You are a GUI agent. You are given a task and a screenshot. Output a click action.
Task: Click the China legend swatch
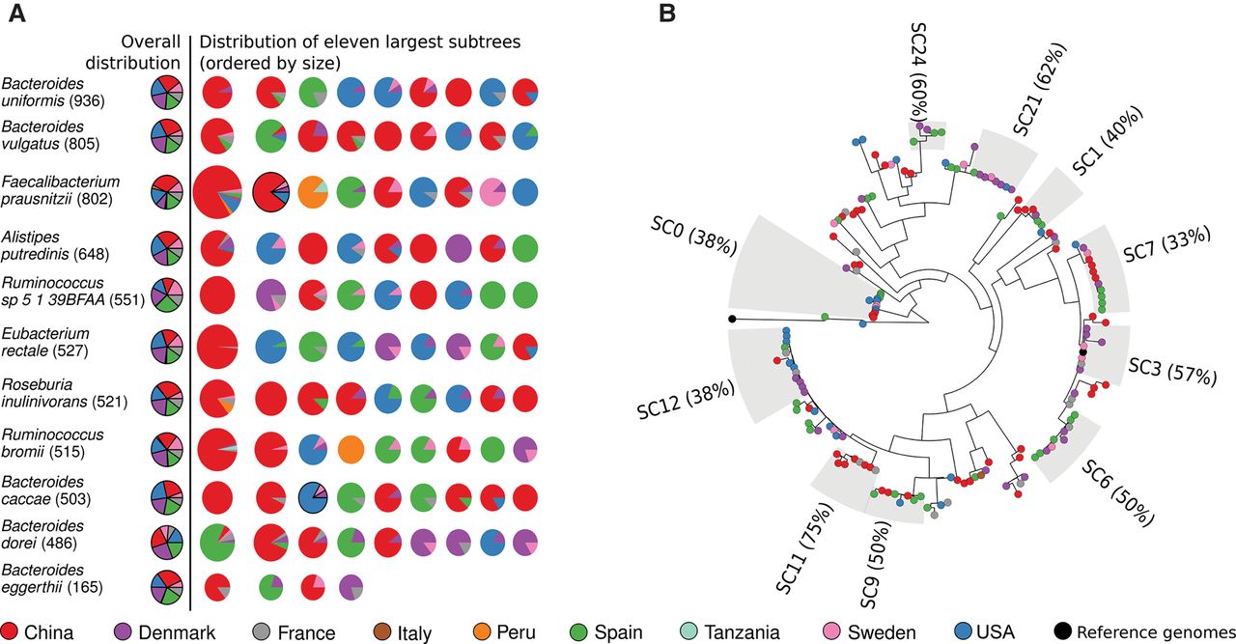[11, 632]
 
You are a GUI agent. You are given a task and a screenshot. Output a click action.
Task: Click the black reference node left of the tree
[732, 319]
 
